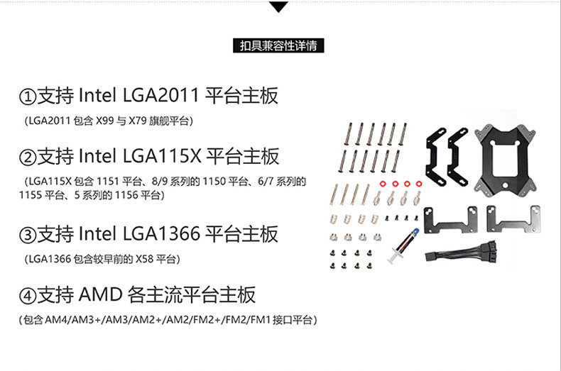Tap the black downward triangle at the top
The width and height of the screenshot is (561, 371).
coord(280,7)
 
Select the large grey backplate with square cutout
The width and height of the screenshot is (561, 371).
coord(508,158)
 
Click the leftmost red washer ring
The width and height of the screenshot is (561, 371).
coord(383,184)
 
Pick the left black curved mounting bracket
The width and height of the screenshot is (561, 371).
coord(435,155)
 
